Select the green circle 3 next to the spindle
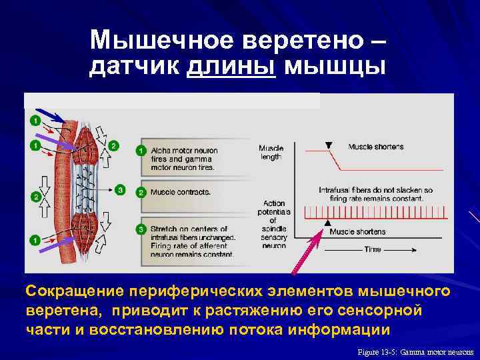click(120, 190)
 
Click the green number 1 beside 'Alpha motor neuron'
click(141, 151)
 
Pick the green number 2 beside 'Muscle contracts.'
click(141, 192)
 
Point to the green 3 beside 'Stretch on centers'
click(141, 229)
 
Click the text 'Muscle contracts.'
click(181, 192)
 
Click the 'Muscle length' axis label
click(271, 152)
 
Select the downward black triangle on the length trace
click(327, 145)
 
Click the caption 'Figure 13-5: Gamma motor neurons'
click(415, 351)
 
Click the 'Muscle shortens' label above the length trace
click(375, 147)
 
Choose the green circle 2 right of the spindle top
click(114, 145)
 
